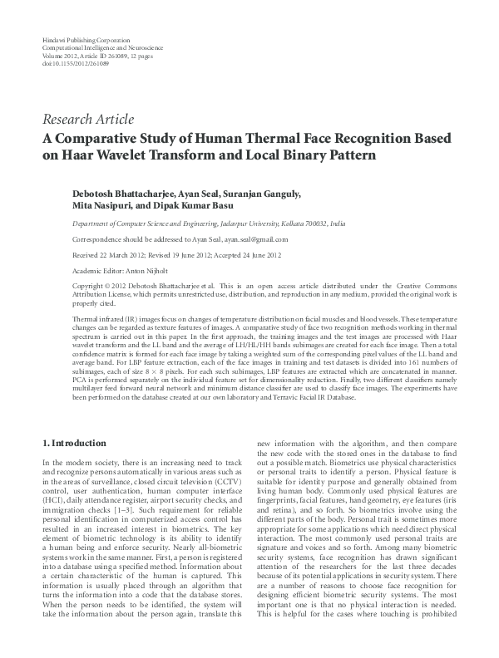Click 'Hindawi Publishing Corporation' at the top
(x=85, y=40)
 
